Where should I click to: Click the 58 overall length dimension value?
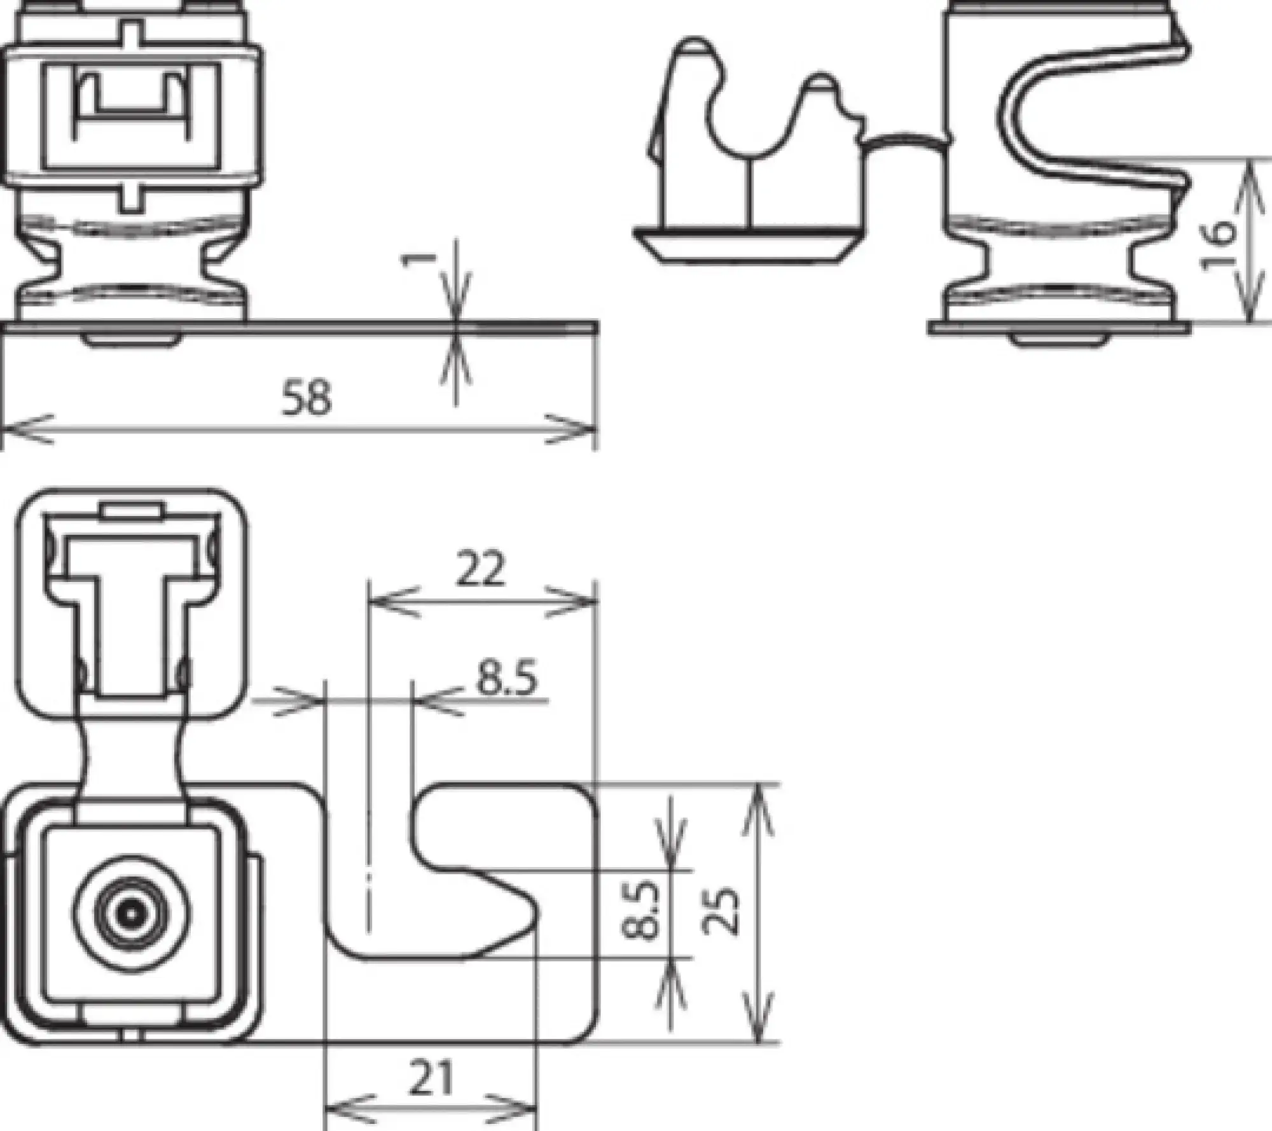pos(307,398)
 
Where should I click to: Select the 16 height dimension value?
pos(1217,245)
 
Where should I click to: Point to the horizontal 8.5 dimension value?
pos(507,678)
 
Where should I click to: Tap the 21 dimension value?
pos(431,1078)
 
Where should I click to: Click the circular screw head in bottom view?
pos(131,915)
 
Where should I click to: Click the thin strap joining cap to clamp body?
pos(903,141)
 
